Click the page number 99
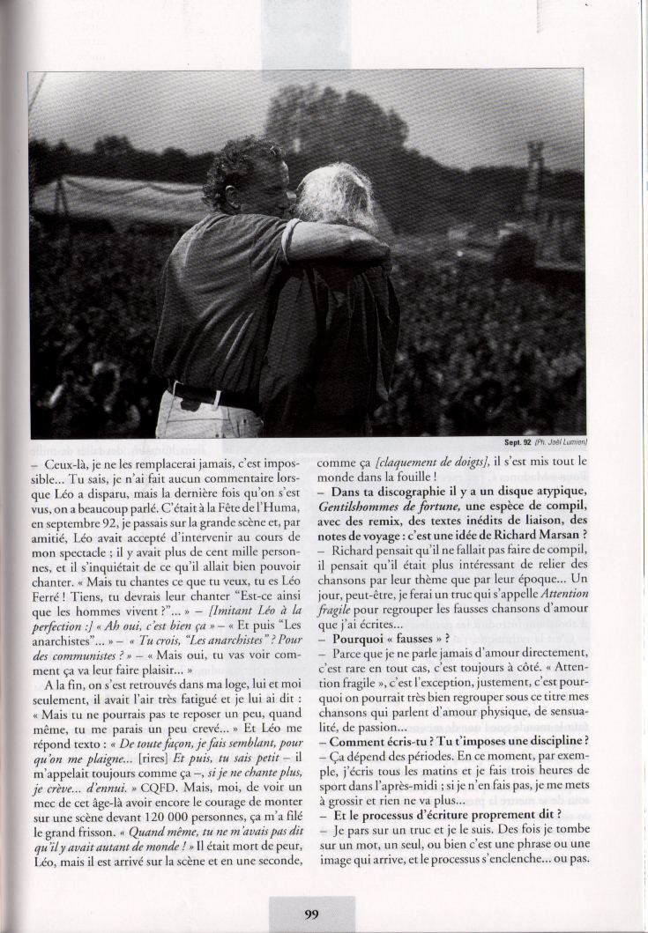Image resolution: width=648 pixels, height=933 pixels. click(311, 914)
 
